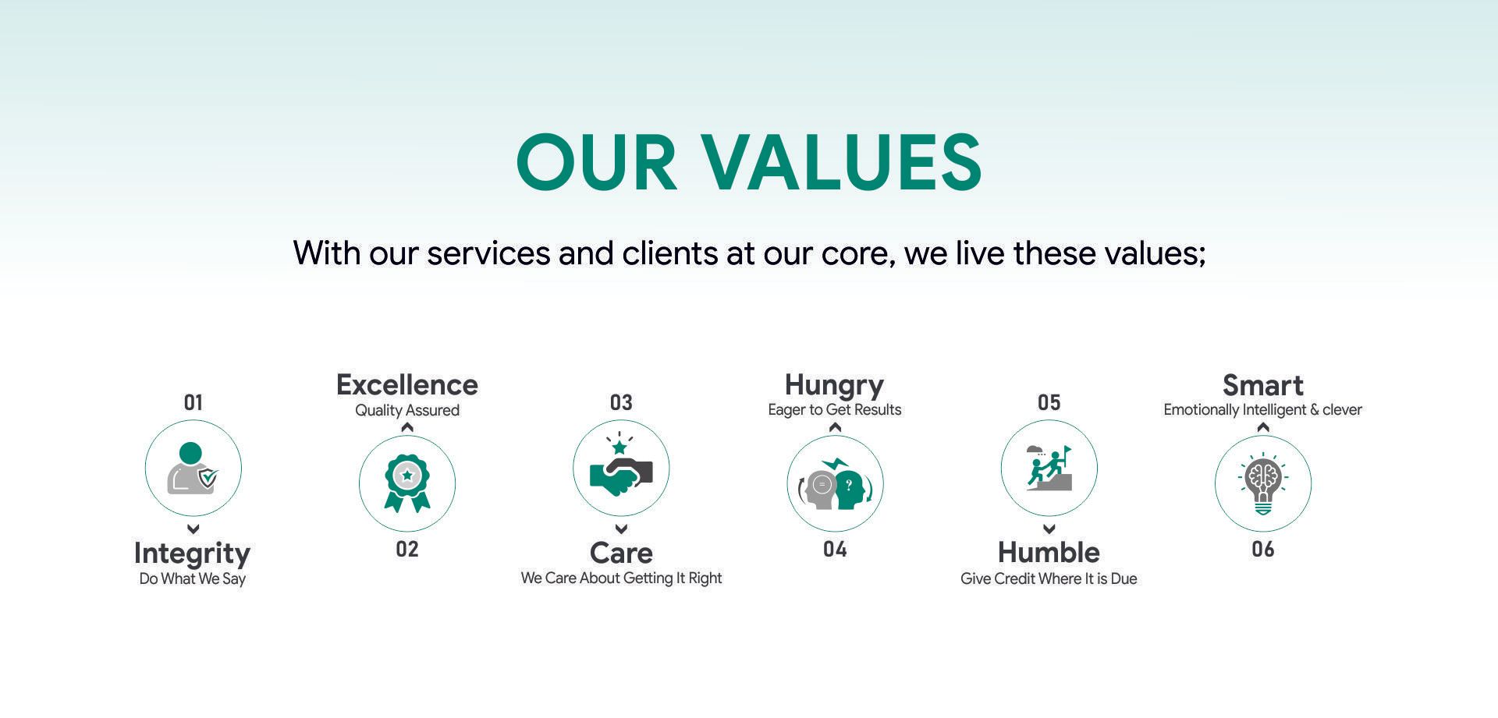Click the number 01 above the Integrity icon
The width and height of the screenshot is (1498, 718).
(193, 402)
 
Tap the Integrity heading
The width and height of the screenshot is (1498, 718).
(192, 554)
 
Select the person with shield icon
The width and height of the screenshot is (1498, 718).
(193, 468)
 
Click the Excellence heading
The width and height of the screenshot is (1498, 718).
(406, 385)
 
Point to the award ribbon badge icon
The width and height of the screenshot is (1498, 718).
(407, 483)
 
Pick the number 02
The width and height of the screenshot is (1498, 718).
(407, 550)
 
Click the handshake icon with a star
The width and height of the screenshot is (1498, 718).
(621, 468)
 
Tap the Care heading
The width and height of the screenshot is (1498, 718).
(621, 553)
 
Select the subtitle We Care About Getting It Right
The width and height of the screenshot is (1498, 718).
(621, 578)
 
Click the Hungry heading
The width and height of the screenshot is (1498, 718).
(834, 386)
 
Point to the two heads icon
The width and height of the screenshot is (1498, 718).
(835, 485)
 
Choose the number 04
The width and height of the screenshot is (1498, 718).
(835, 550)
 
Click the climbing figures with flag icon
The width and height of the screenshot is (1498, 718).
(1049, 468)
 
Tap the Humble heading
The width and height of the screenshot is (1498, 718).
(1049, 553)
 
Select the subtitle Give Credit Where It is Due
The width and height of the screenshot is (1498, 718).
(1049, 578)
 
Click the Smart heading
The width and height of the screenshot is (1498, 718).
(1262, 385)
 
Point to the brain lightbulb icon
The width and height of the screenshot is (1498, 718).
(1263, 484)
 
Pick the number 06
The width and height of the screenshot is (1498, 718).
(1263, 550)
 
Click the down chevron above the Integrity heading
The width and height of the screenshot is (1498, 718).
(193, 529)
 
